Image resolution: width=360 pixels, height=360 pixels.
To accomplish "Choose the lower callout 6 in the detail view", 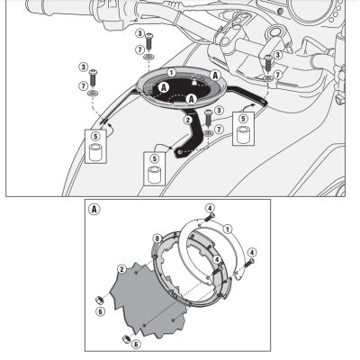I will [134, 344].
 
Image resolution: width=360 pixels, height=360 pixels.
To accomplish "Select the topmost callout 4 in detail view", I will [209, 209].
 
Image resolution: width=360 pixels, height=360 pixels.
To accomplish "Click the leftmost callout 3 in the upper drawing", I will [82, 67].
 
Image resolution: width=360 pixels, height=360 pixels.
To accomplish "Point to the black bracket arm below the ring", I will [193, 135].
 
